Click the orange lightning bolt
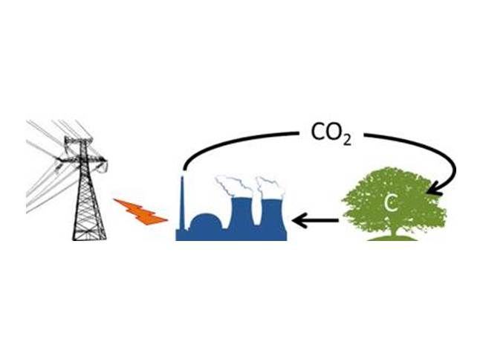pyautogui.click(x=140, y=212)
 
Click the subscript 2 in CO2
pyautogui.click(x=347, y=140)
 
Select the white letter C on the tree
pyautogui.click(x=391, y=203)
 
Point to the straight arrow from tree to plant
pyautogui.click(x=315, y=220)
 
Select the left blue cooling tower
pyautogui.click(x=241, y=214)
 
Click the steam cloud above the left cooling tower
pyautogui.click(x=234, y=186)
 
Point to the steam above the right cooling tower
pyautogui.click(x=270, y=188)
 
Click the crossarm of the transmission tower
pyautogui.click(x=82, y=159)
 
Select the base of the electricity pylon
pyautogui.click(x=90, y=235)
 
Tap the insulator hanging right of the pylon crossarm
pyautogui.click(x=103, y=167)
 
